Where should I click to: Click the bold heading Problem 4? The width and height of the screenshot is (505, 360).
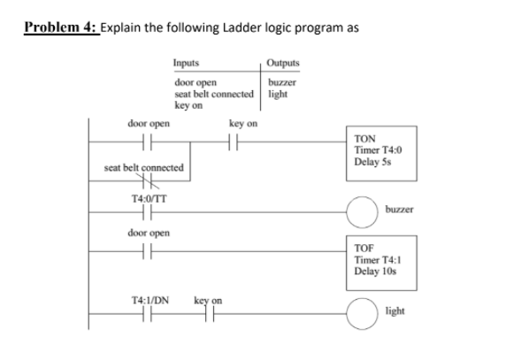coord(60,27)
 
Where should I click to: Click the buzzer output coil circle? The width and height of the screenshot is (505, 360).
coord(367,211)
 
